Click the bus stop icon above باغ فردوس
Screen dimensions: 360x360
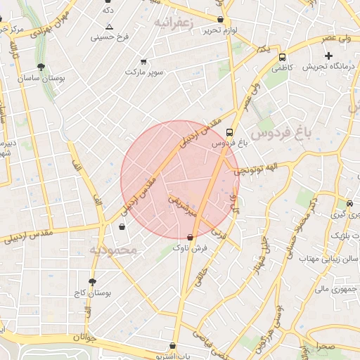point(230,131)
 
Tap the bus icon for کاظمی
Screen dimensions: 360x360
point(282,57)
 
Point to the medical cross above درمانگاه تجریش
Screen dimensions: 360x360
point(328,56)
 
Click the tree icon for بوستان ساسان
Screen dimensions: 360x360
point(41,67)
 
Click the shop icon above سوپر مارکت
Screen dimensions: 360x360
point(144,62)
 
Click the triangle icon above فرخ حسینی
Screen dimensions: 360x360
point(109,26)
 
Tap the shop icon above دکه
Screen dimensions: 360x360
point(108,2)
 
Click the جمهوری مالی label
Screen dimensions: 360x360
point(333,288)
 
